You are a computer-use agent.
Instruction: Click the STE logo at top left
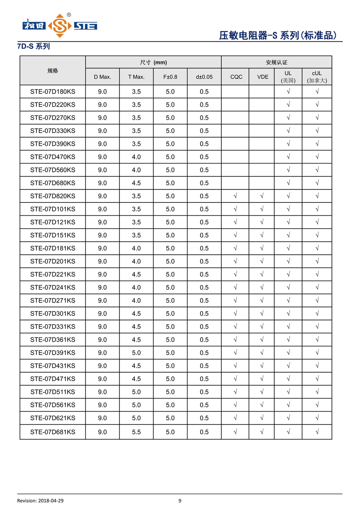60,26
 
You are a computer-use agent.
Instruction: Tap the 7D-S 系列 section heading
33,46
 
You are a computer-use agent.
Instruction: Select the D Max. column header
102,77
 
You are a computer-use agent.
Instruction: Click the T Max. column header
136,77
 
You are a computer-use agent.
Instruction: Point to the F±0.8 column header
170,77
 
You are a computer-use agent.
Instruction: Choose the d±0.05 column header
204,77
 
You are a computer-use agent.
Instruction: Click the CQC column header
236,77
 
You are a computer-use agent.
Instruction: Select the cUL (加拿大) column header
317,77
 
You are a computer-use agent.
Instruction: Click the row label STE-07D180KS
53,92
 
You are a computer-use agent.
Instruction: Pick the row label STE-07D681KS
53,432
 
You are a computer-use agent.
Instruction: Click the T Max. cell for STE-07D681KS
136,432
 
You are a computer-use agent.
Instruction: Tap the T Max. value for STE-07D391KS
136,353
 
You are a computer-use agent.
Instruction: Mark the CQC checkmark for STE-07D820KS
235,196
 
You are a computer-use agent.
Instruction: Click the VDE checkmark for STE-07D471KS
262,379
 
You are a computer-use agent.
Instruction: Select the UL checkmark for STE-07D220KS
288,105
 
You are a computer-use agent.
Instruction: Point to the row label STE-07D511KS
53,392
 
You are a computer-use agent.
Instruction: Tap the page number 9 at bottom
180,501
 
